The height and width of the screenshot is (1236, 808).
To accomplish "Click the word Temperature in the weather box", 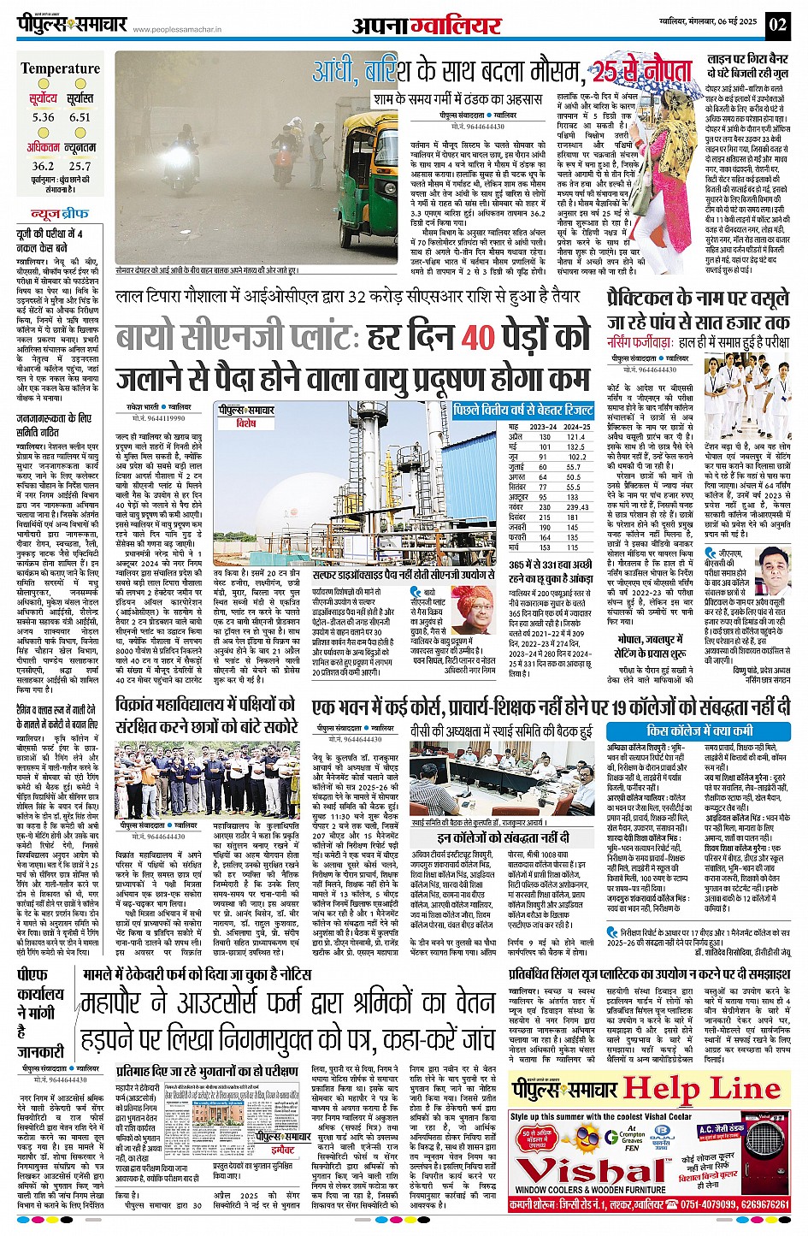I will click(x=60, y=68).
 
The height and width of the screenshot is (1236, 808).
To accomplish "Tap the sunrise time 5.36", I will click(x=43, y=117).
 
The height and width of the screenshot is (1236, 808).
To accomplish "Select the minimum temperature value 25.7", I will click(x=80, y=166).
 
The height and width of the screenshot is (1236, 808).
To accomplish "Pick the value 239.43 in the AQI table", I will click(x=578, y=507).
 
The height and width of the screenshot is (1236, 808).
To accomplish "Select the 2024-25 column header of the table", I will click(x=577, y=426).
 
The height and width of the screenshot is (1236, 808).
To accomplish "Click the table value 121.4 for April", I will click(x=576, y=436).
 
